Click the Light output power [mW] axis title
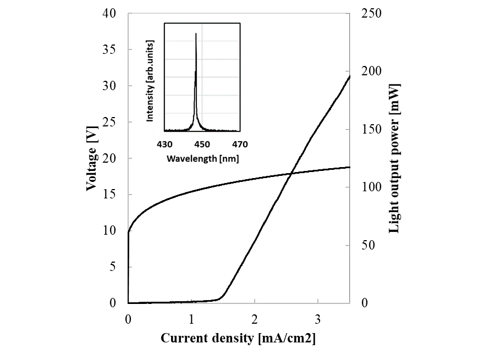[394, 158]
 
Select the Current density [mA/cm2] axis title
[238, 339]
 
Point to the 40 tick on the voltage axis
[110, 14]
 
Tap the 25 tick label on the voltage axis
[110, 122]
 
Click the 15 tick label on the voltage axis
[110, 195]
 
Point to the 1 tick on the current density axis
[191, 319]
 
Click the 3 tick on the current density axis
[318, 319]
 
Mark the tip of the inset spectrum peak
[196, 34]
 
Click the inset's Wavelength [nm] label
[202, 158]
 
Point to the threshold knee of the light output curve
[222, 296]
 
